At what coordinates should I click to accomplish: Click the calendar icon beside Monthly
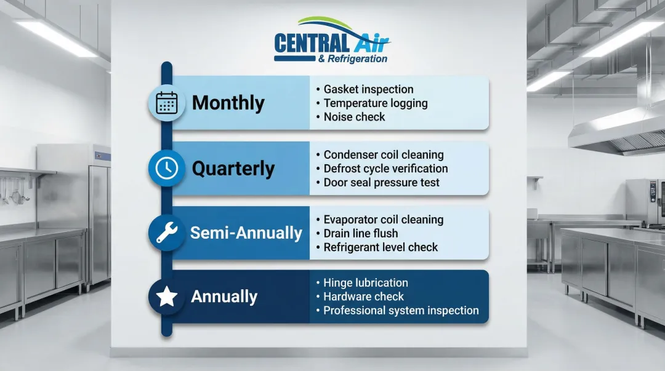(x=167, y=103)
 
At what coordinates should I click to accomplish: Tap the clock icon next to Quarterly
(x=167, y=168)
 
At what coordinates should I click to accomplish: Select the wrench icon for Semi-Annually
(x=167, y=233)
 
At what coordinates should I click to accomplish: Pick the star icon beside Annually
(x=167, y=297)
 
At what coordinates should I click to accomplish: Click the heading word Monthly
(x=228, y=103)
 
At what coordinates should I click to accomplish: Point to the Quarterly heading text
(x=233, y=169)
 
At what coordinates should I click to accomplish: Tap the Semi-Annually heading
(x=246, y=233)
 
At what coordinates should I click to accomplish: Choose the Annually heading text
(x=224, y=297)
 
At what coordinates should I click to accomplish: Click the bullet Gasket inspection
(x=368, y=89)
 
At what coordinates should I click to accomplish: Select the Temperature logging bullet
(x=376, y=103)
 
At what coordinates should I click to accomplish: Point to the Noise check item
(x=354, y=117)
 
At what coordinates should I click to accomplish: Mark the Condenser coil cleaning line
(x=384, y=155)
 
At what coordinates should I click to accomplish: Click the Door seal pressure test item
(x=381, y=182)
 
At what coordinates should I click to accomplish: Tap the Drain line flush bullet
(x=360, y=233)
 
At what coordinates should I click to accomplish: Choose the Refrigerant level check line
(x=381, y=247)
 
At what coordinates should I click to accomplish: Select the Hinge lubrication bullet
(x=366, y=283)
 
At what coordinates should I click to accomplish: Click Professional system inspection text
(x=401, y=310)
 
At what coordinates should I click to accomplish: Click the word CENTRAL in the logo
(x=312, y=43)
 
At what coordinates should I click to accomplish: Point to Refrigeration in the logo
(x=357, y=59)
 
